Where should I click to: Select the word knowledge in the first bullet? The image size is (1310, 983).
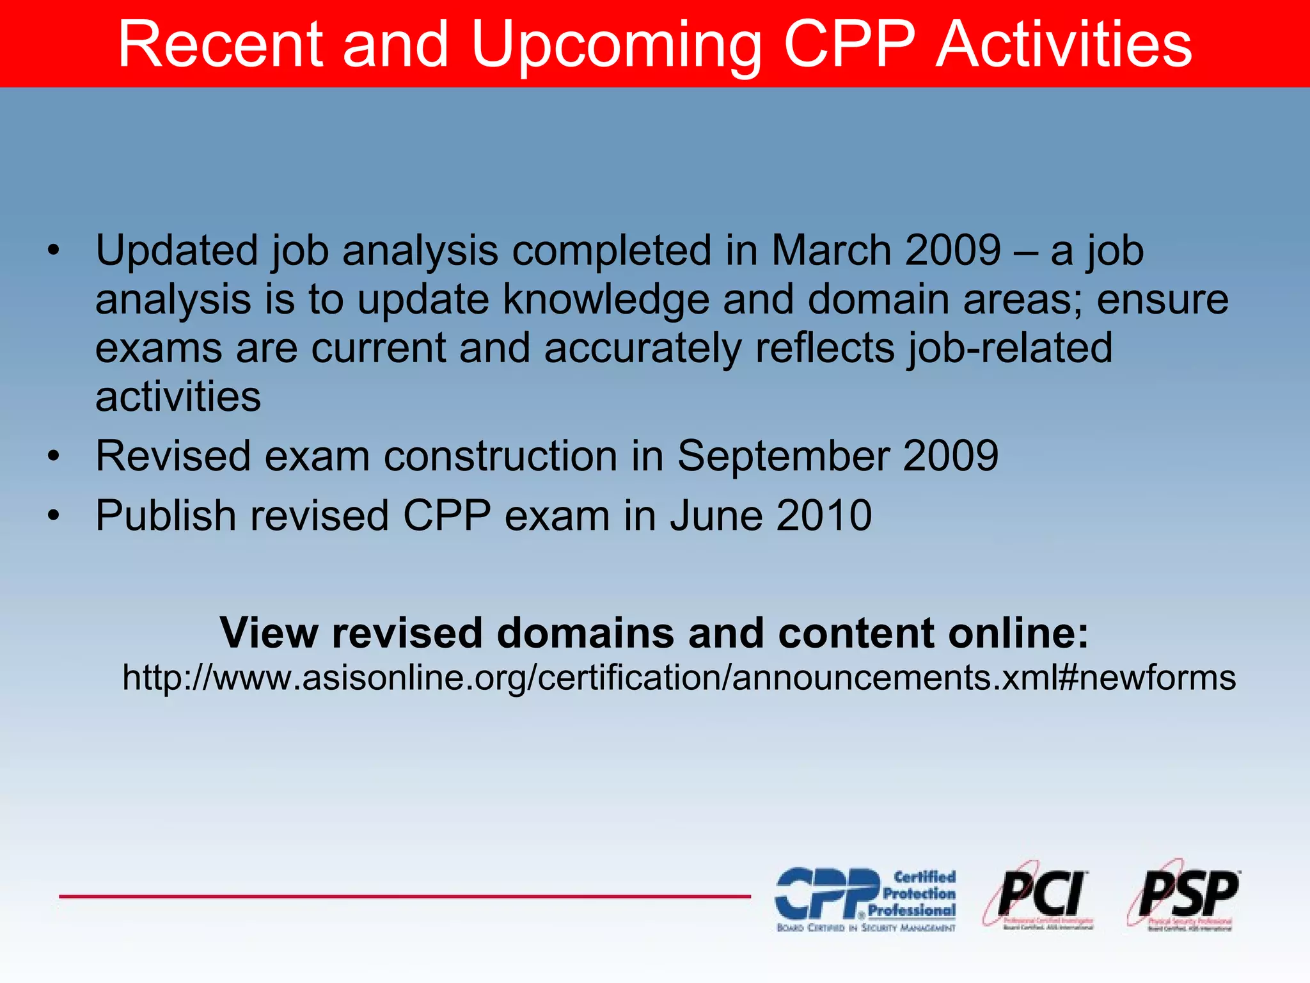[x=606, y=300]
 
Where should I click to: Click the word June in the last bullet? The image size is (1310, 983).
[x=716, y=516]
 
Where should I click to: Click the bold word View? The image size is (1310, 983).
[x=269, y=633]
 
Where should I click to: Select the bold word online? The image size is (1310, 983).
[x=1018, y=633]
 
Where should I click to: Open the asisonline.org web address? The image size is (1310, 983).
[x=679, y=678]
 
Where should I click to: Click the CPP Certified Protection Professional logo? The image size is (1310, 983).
[x=865, y=899]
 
